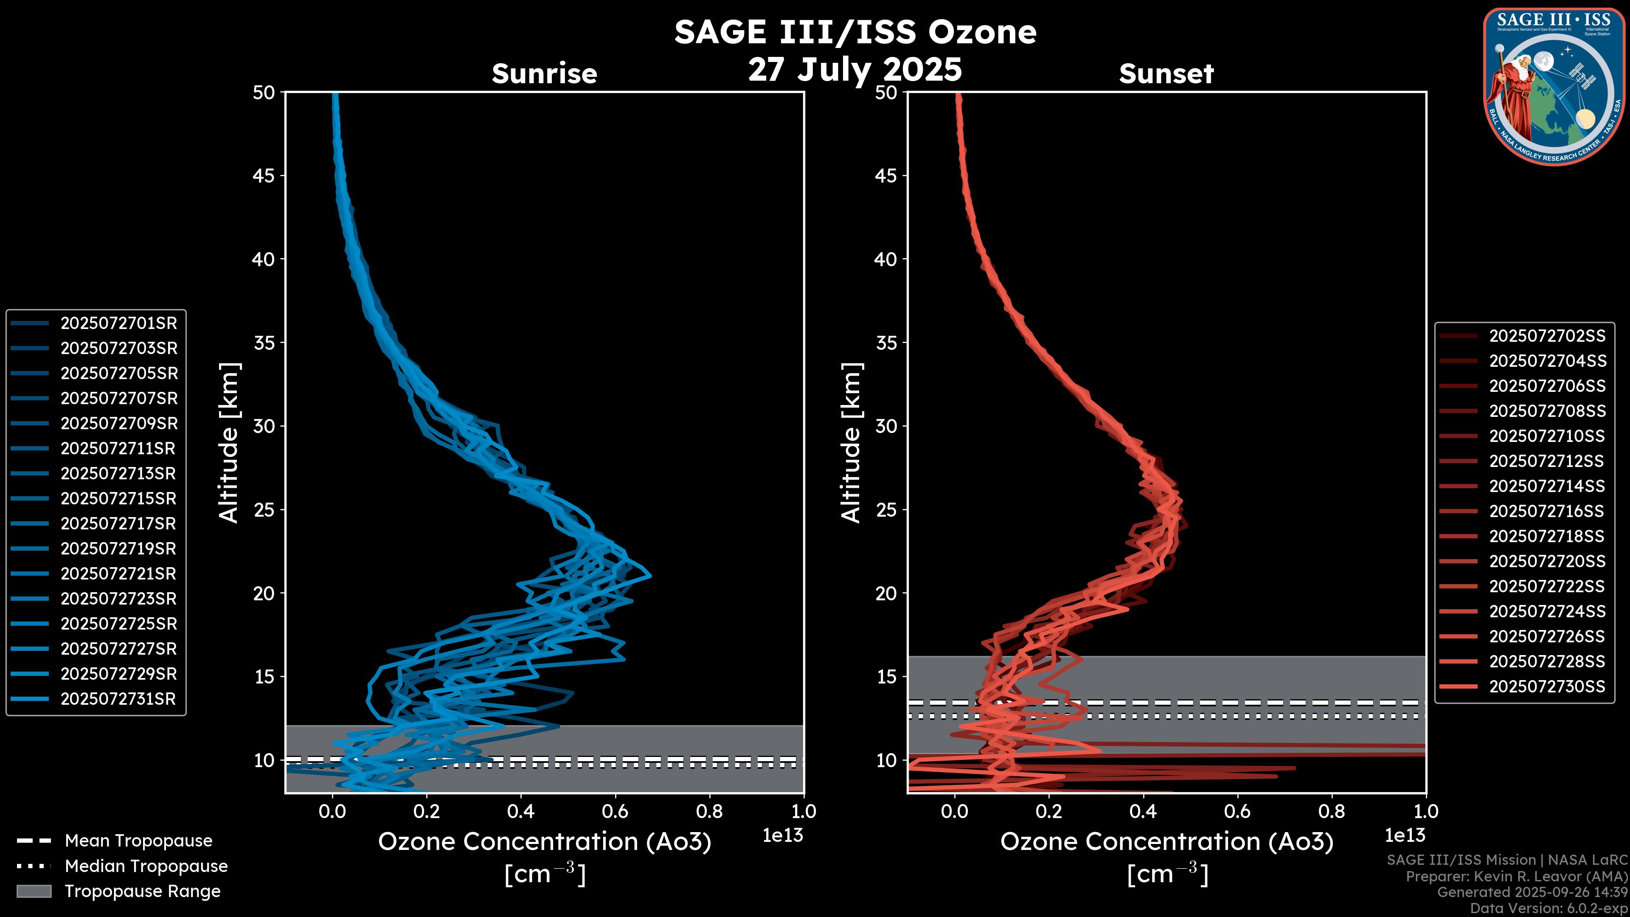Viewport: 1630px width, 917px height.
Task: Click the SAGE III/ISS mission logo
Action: click(1555, 87)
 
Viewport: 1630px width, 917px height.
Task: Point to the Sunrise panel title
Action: click(544, 74)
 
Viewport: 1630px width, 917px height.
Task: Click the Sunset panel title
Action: click(1166, 74)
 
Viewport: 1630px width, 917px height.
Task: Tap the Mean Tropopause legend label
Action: click(138, 841)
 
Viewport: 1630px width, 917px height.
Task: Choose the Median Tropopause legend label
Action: click(146, 866)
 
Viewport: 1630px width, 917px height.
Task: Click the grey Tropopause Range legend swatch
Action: click(34, 892)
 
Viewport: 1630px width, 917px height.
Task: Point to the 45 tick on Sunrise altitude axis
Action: click(264, 176)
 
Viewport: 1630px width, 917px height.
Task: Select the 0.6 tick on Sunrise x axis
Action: click(615, 811)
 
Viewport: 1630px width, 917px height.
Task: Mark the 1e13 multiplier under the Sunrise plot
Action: click(783, 836)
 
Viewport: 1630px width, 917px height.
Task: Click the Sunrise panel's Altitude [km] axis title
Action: click(229, 443)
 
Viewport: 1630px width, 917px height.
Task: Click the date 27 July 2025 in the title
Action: click(855, 70)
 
